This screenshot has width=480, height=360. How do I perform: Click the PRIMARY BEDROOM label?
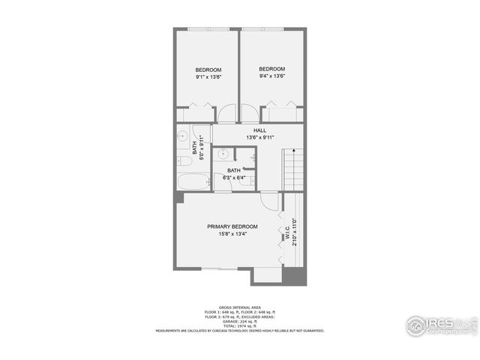pos(232,226)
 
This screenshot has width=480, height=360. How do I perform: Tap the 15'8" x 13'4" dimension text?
pos(232,234)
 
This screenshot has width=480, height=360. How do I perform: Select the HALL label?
pos(259,130)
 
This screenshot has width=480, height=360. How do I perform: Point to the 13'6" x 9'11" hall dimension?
pos(259,138)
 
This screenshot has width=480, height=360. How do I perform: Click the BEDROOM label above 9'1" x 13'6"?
pos(208,69)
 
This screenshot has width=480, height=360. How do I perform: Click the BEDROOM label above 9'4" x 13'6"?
pos(271,69)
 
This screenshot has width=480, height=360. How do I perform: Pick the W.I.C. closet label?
pos(286,234)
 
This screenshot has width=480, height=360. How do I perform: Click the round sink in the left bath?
pos(182,136)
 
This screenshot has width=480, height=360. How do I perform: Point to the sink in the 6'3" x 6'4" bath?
pos(223,155)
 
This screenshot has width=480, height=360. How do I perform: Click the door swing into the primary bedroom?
pos(268,200)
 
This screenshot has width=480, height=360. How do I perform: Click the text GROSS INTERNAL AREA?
pos(240,307)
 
